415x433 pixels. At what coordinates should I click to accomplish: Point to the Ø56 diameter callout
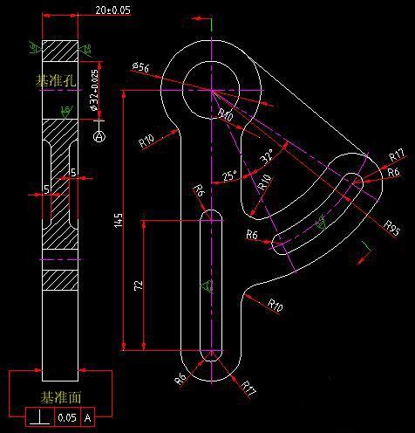click(x=141, y=66)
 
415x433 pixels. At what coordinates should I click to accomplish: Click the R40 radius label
click(x=225, y=115)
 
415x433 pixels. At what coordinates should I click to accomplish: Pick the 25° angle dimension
click(x=229, y=175)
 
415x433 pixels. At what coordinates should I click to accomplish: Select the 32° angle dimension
click(x=267, y=156)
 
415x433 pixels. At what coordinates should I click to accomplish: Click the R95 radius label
click(x=391, y=223)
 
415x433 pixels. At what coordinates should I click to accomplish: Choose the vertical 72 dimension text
click(x=139, y=285)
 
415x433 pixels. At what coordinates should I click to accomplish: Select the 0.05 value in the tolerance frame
click(x=66, y=418)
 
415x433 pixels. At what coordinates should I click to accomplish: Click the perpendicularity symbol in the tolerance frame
click(x=39, y=418)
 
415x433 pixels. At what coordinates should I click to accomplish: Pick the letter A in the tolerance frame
click(x=87, y=418)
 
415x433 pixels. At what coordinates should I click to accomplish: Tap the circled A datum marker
click(x=99, y=136)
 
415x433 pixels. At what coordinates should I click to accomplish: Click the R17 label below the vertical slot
click(x=248, y=385)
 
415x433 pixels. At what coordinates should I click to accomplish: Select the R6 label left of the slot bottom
click(x=180, y=379)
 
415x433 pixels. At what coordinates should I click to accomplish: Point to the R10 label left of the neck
click(x=146, y=140)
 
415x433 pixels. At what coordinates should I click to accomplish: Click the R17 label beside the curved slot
click(x=396, y=156)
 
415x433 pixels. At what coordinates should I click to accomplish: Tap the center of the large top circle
click(x=212, y=89)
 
